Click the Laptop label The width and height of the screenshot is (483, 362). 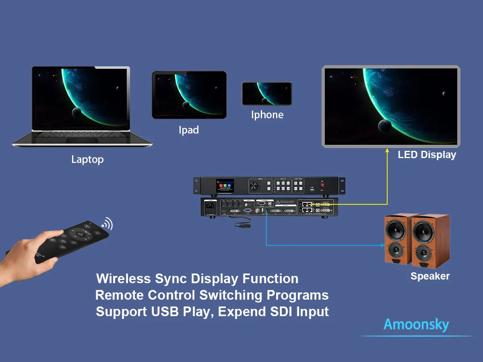pos(87,159)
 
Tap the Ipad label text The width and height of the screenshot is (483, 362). pos(189,130)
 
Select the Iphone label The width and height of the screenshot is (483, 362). pos(267,115)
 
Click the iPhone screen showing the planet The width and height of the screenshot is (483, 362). pos(266,94)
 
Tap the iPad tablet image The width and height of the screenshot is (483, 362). pos(189,95)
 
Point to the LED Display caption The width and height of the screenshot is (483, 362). pos(427,155)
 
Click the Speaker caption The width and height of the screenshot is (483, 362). pos(430,276)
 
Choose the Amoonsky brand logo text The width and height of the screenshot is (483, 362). pos(416,325)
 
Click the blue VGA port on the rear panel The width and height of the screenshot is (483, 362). pos(248,210)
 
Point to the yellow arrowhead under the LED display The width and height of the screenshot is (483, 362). pos(387,151)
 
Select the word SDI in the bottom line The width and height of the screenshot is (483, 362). pos(281,312)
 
